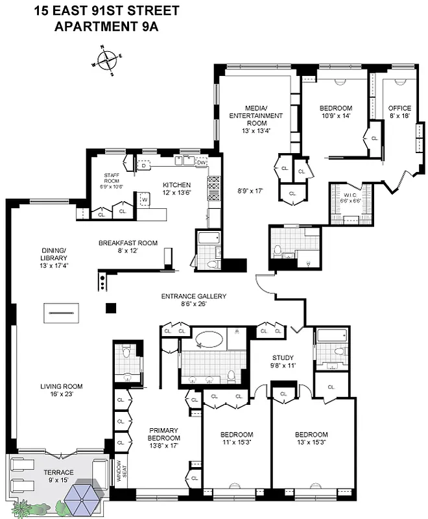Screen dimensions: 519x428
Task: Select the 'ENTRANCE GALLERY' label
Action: point(194,296)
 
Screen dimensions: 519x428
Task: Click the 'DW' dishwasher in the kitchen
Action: point(202,163)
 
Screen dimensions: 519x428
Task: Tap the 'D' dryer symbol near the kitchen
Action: point(143,165)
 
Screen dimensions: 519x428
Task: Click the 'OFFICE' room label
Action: point(399,108)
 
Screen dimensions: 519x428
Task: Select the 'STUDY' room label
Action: point(283,357)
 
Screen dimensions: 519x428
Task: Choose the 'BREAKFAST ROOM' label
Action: point(128,243)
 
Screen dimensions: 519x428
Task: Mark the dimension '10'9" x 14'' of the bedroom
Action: point(336,116)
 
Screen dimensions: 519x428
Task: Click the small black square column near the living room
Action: point(112,308)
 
